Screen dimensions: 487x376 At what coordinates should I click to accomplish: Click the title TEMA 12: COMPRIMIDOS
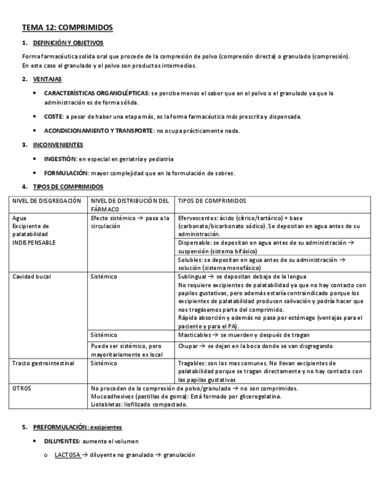pos(67,27)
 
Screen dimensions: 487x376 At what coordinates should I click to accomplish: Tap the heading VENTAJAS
pos(48,79)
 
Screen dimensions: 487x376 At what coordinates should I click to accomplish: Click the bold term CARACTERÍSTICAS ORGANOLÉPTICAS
pos(96,92)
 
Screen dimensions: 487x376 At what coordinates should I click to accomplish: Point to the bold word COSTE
pos(54,117)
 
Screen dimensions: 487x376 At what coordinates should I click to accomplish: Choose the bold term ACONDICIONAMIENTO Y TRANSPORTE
pos(98,131)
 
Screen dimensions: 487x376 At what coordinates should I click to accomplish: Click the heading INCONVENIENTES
pos(58,145)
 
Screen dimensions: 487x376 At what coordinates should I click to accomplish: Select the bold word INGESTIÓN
pos(60,159)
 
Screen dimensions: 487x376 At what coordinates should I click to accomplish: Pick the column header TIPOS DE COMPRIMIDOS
pos(212,201)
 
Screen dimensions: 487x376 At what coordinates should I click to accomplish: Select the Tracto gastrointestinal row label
pos(43,363)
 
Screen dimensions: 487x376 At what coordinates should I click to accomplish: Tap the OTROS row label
pos(22,388)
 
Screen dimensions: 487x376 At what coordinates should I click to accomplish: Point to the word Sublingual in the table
pos(193,276)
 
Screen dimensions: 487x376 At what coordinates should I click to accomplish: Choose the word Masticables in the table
pos(196,335)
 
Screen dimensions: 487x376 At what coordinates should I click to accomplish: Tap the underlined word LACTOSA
pos(67,455)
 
